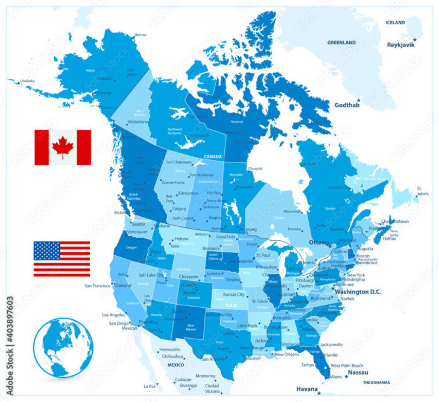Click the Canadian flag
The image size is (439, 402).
tap(62, 147)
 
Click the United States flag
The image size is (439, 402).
tap(62, 258)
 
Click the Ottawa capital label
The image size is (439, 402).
tap(320, 242)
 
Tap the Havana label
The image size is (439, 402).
tap(306, 389)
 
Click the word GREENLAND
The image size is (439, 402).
tap(342, 43)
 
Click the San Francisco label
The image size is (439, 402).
tap(96, 286)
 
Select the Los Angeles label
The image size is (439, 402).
tap(113, 315)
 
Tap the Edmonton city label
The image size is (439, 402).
tap(188, 193)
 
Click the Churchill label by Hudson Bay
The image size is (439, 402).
tap(255, 168)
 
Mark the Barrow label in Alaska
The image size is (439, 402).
tap(141, 34)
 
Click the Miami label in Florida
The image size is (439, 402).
tap(335, 377)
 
